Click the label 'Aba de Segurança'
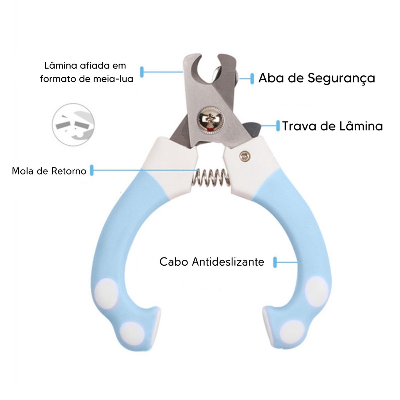pos(316,78)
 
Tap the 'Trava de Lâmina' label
pos(332,126)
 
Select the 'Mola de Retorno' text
pos(49,171)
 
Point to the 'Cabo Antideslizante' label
pos(211,262)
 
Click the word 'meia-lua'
pos(117,79)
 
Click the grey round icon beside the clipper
pos(73,124)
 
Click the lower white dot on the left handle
pos(132,333)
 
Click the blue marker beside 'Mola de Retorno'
pos(92,170)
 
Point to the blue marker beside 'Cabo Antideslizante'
pos(275,262)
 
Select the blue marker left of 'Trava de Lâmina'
pos(278,126)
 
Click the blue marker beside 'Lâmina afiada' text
pos(142,72)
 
